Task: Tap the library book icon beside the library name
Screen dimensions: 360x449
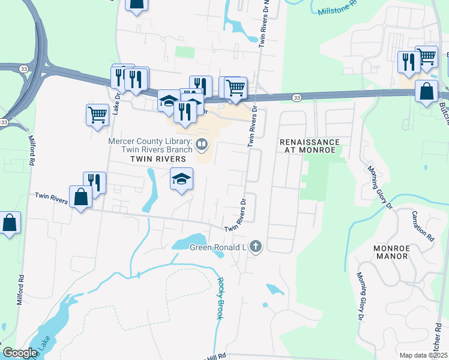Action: coord(202,143)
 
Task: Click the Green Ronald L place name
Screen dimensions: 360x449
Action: coord(218,247)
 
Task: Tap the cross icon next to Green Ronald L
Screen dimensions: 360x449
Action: coord(256,246)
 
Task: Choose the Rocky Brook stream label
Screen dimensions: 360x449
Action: coord(220,298)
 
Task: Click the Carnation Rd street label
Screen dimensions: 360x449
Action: coord(423,225)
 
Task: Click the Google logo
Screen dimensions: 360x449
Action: coord(20,353)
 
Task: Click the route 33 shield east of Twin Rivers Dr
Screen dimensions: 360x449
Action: coord(297,97)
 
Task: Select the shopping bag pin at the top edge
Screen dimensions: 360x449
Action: coord(137,4)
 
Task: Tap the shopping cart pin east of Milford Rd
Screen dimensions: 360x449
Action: coord(97,114)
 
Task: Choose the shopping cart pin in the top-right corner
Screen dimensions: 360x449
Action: coord(427,56)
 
